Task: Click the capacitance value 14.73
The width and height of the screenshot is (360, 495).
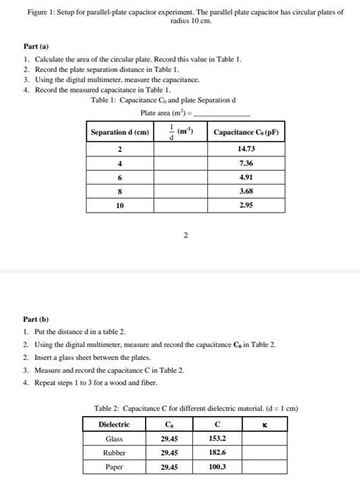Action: pyautogui.click(x=245, y=150)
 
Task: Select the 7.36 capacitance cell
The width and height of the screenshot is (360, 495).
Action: pyautogui.click(x=245, y=164)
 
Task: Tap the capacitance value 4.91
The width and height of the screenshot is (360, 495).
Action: pyautogui.click(x=245, y=178)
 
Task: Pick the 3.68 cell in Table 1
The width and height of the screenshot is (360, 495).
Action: pyautogui.click(x=245, y=191)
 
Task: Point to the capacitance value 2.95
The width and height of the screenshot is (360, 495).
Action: pyautogui.click(x=245, y=205)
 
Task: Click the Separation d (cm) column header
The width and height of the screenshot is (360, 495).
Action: pyautogui.click(x=120, y=132)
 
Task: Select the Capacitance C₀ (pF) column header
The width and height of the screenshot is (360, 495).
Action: pyautogui.click(x=246, y=132)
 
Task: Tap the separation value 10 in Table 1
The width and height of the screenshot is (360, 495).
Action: pyautogui.click(x=119, y=205)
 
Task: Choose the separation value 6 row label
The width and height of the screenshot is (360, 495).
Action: pyautogui.click(x=119, y=178)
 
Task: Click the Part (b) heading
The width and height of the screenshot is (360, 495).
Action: pyautogui.click(x=36, y=319)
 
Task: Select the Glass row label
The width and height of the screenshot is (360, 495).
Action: pyautogui.click(x=114, y=438)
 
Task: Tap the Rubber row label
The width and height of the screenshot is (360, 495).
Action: pyautogui.click(x=114, y=452)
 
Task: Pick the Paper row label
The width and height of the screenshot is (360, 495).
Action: pyautogui.click(x=114, y=467)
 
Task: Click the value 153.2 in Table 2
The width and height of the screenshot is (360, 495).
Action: pyautogui.click(x=217, y=438)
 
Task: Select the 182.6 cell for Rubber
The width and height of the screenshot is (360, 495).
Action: pyautogui.click(x=217, y=452)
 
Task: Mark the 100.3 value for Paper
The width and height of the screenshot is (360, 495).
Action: pyautogui.click(x=217, y=467)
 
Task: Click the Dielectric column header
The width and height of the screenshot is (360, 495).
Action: pyautogui.click(x=115, y=424)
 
